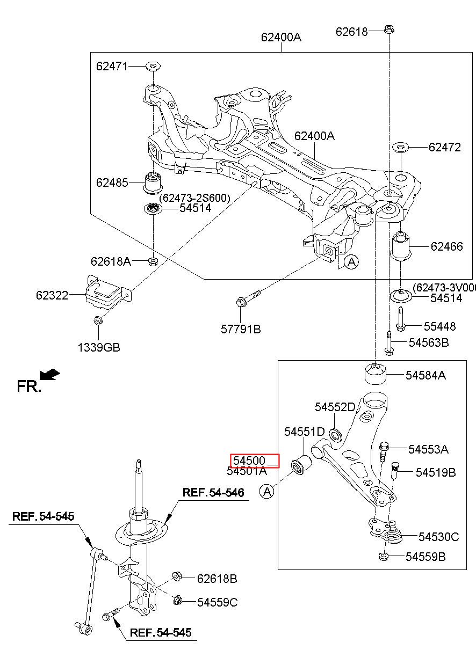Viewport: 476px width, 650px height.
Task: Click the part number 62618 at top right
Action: (351, 32)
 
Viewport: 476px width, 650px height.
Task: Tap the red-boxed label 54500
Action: (249, 461)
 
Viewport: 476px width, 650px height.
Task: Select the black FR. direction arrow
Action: (49, 374)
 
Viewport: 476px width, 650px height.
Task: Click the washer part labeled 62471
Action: (153, 67)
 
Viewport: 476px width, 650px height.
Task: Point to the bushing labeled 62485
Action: (153, 183)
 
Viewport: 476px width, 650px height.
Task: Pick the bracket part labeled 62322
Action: (107, 293)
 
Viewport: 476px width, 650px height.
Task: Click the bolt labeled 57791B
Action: (248, 298)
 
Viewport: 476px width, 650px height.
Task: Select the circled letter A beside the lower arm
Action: (266, 492)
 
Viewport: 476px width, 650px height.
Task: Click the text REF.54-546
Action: (213, 492)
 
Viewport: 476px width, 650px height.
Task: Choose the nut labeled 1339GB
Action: (98, 321)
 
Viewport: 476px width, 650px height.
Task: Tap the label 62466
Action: (446, 247)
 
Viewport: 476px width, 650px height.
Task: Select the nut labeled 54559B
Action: (384, 557)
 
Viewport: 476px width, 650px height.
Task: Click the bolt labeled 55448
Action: (400, 319)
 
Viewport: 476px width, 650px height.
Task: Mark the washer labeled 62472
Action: (401, 148)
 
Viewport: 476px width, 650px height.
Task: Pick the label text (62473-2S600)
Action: (194, 198)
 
